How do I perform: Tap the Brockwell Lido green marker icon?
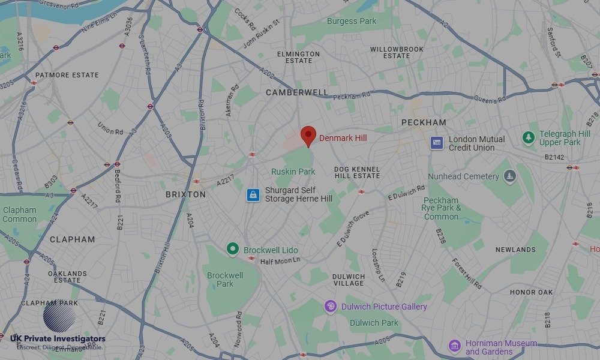point(232,249)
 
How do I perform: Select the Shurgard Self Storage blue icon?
point(253,195)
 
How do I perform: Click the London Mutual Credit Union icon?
point(437,143)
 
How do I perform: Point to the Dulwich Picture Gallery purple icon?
point(330,307)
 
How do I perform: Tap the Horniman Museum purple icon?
point(455,346)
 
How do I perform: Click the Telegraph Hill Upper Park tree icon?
point(529,138)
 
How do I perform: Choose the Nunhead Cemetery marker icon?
point(510,176)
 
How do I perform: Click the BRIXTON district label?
point(185,194)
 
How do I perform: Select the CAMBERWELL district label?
point(297,92)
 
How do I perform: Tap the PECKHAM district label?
point(424,122)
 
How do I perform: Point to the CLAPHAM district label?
point(72,239)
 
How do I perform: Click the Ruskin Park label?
point(293,172)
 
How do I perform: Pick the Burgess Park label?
point(351,21)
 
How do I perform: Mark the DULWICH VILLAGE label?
point(348,280)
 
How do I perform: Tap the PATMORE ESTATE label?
point(67,75)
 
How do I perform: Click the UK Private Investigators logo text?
point(58,340)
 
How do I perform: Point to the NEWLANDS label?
point(515,250)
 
